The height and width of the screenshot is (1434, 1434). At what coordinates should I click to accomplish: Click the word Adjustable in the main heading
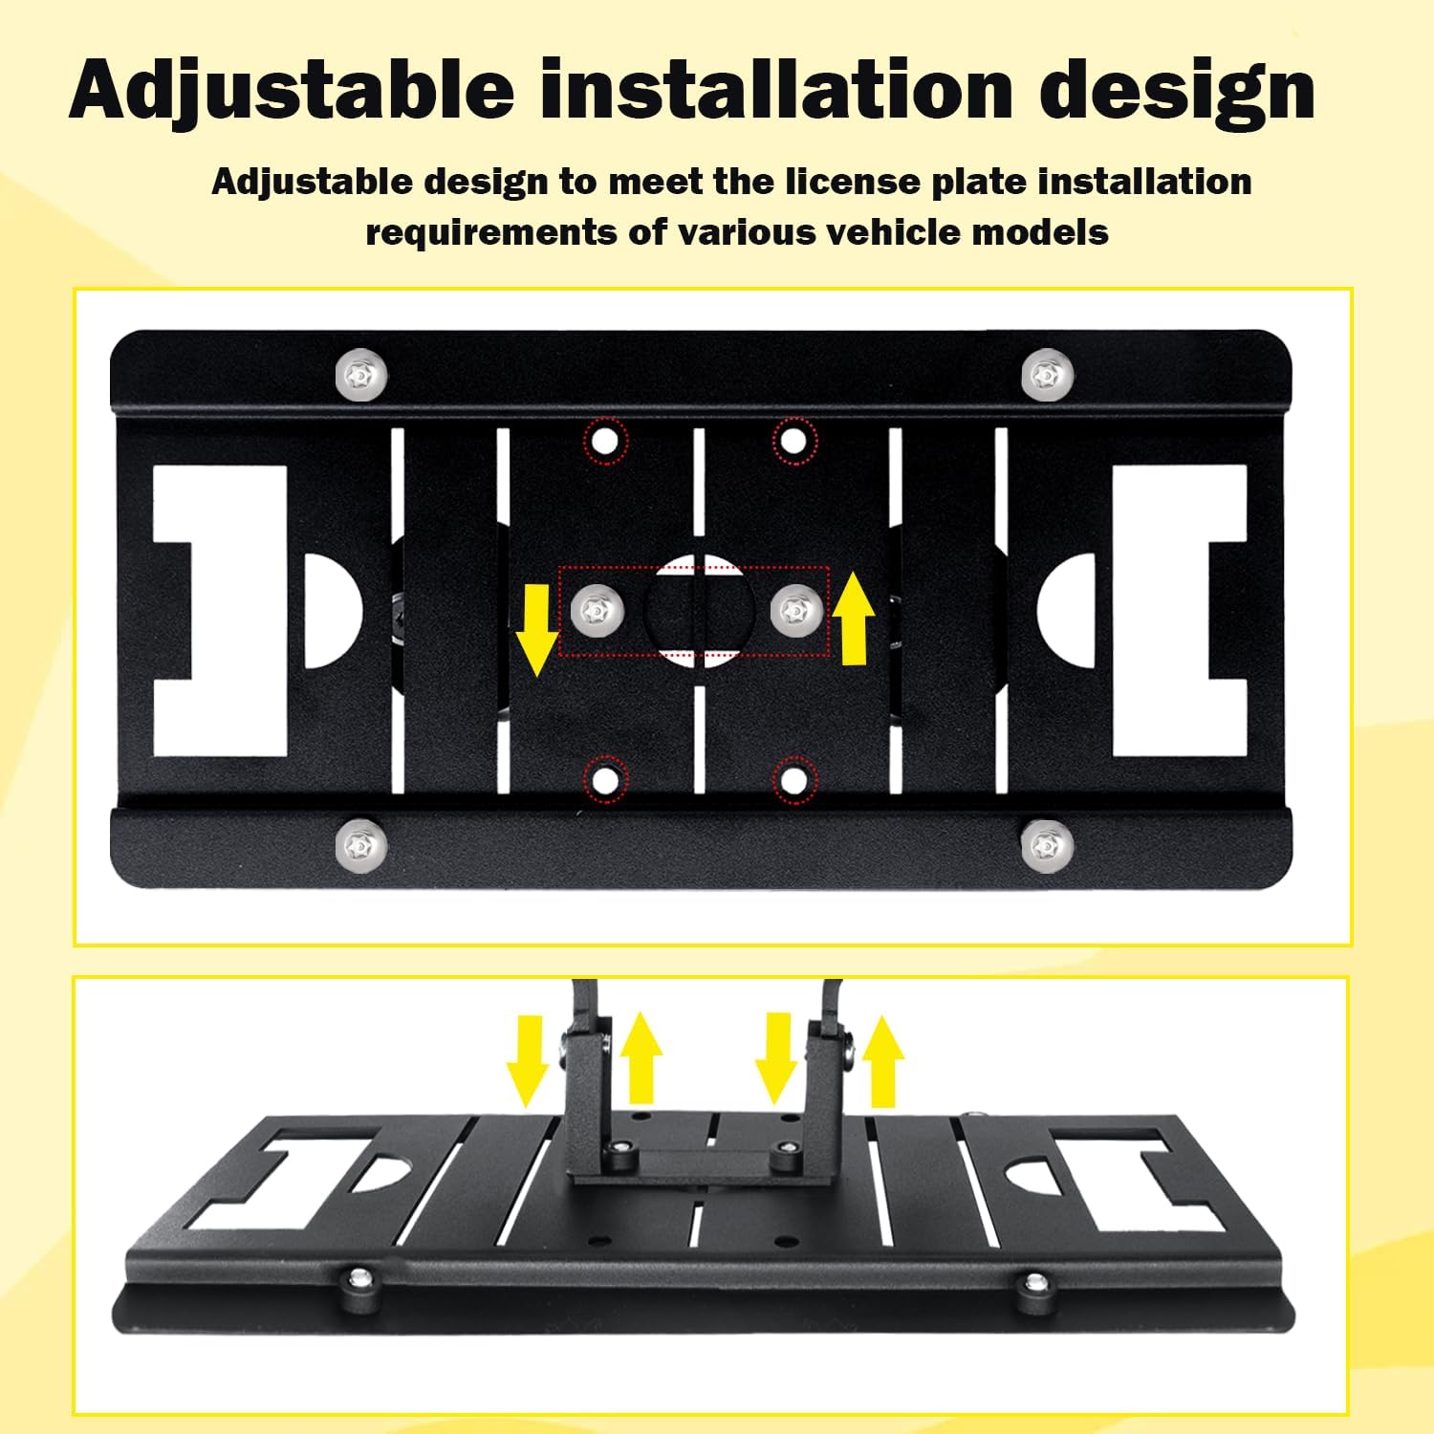point(292,91)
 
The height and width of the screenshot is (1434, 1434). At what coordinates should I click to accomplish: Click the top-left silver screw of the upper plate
point(362,376)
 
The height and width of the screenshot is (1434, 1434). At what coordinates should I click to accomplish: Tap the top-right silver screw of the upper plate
point(1048,375)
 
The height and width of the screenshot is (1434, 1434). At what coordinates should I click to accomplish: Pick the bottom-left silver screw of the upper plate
point(362,844)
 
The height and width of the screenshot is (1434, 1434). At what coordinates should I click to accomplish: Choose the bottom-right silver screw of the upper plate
point(1048,845)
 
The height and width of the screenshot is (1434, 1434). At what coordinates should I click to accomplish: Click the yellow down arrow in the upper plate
point(538,629)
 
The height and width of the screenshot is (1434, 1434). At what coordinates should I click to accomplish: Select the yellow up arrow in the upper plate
point(854,618)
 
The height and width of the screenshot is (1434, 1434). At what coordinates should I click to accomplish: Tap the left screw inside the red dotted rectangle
point(597,609)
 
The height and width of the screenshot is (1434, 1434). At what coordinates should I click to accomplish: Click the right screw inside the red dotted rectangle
point(796,609)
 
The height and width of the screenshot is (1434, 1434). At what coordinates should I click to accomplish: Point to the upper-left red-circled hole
point(605,442)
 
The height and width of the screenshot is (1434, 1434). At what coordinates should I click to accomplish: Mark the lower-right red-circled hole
point(794,780)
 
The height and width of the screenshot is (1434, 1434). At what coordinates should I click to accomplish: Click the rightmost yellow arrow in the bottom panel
point(882,1061)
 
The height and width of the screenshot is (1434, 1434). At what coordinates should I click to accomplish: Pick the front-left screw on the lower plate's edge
point(359,1279)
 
